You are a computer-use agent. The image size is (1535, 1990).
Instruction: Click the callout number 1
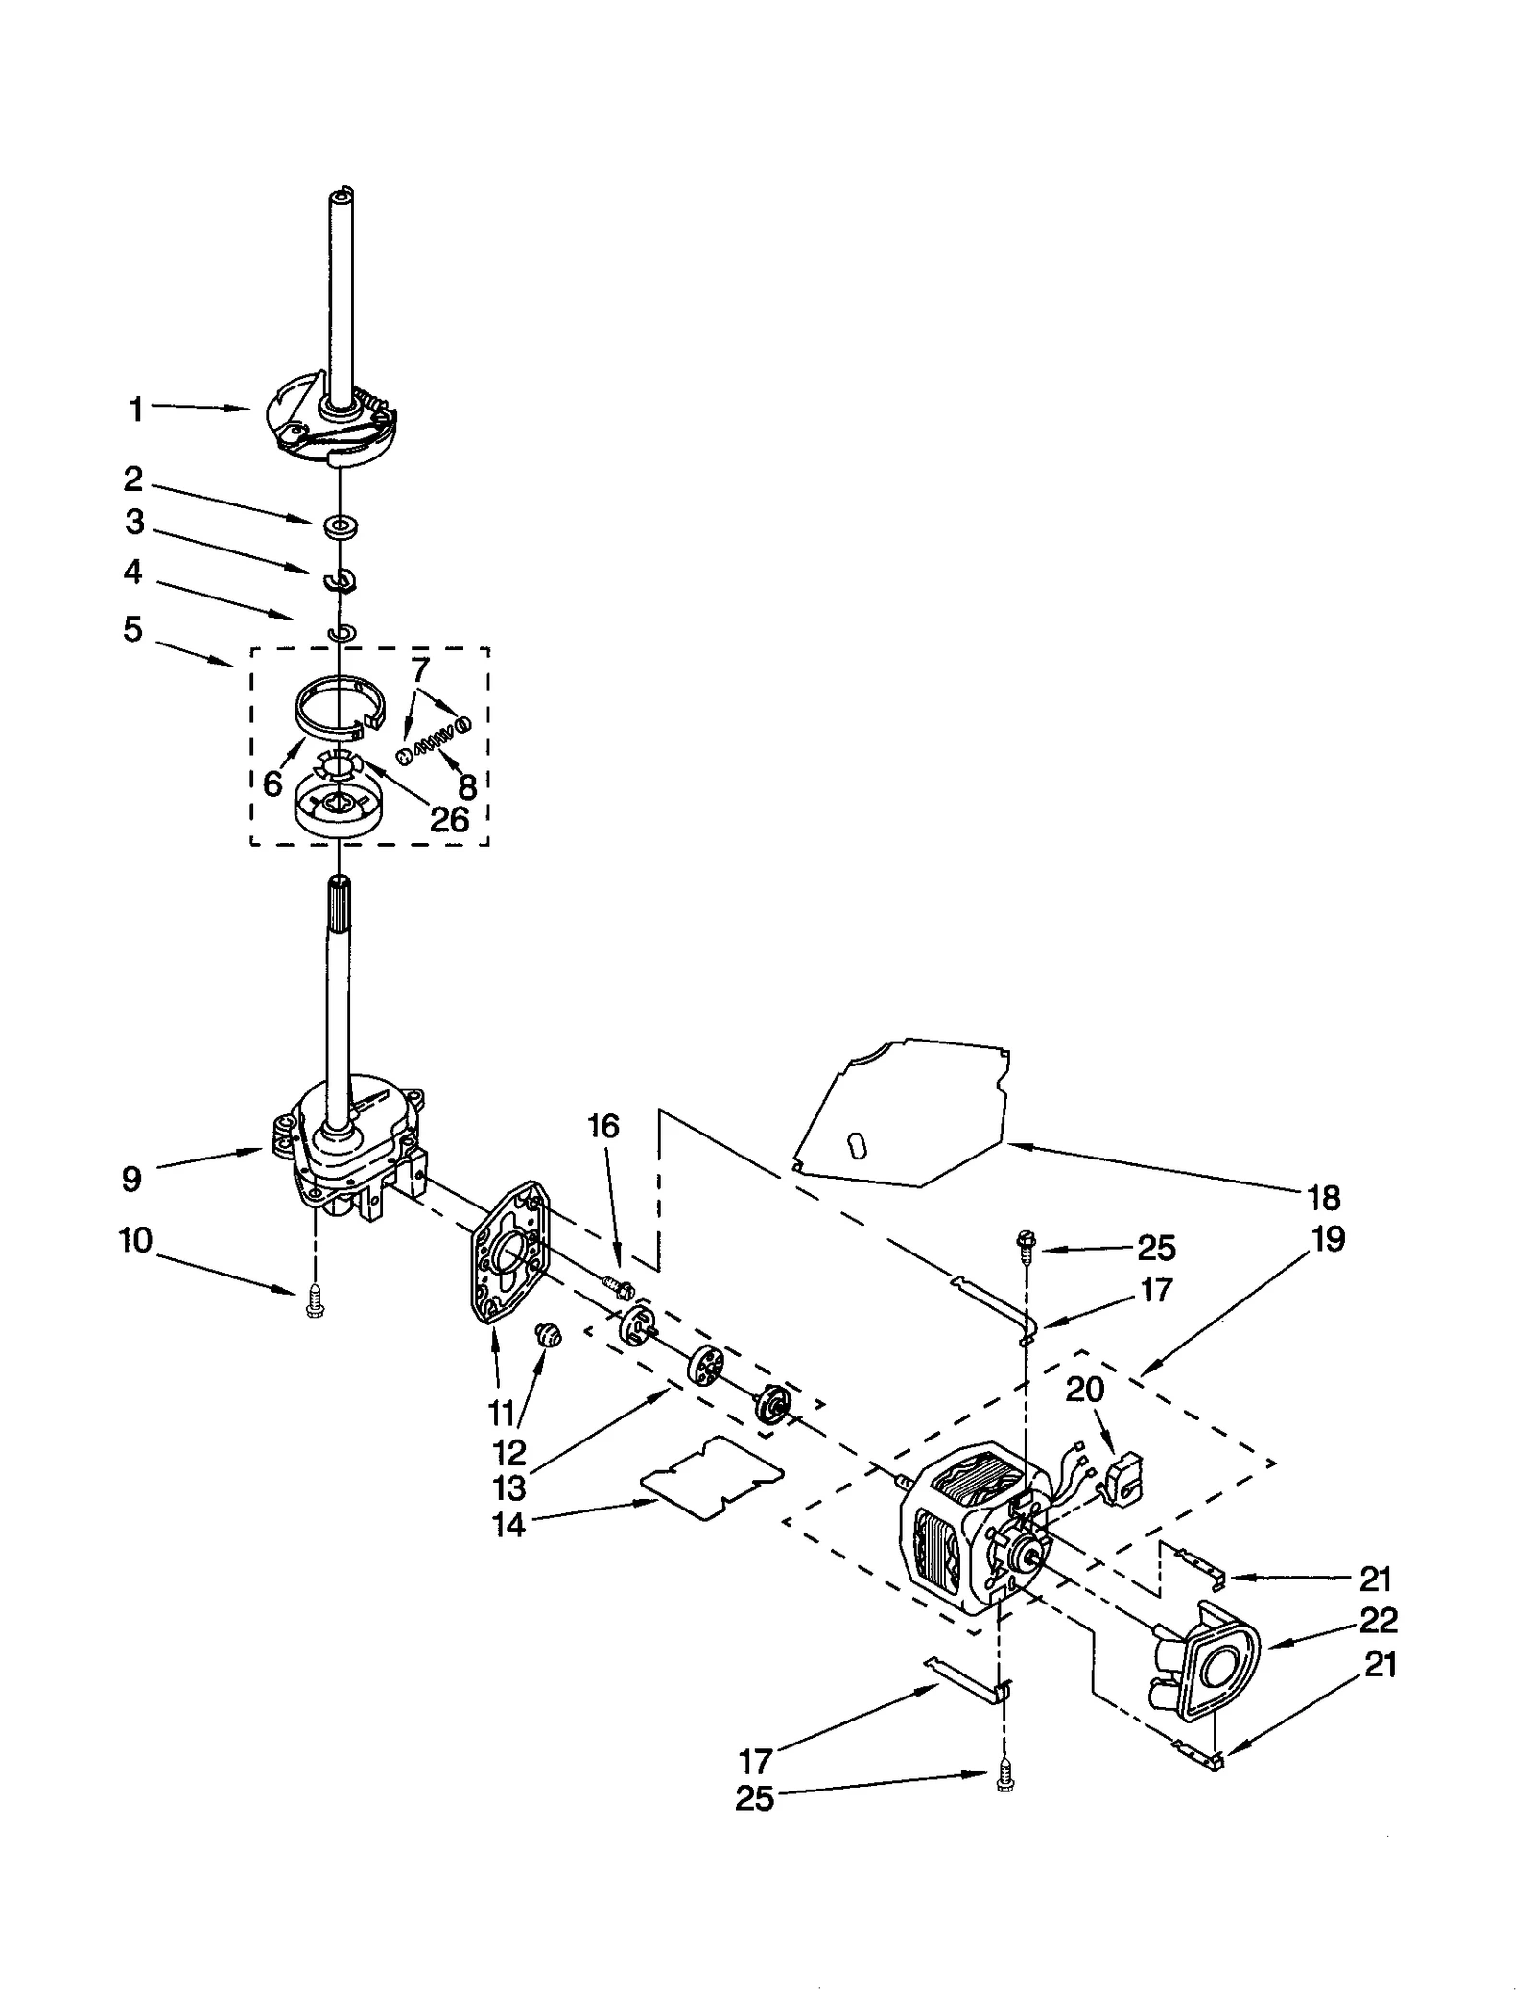click(x=135, y=410)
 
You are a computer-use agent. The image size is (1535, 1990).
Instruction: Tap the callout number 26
click(x=449, y=819)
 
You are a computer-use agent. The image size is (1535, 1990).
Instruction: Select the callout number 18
click(x=1323, y=1198)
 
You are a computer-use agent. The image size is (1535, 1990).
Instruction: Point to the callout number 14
click(x=509, y=1525)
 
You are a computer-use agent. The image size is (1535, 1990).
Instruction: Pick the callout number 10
click(x=135, y=1240)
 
